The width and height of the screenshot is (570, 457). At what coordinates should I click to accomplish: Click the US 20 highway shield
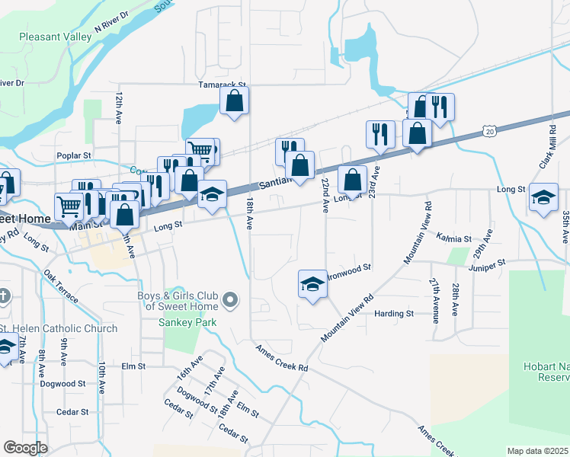coord(488,132)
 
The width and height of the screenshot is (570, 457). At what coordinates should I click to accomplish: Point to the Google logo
coord(25,448)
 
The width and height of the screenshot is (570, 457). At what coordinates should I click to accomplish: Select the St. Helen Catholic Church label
coord(59,328)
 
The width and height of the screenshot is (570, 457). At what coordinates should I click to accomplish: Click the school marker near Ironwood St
coord(312,285)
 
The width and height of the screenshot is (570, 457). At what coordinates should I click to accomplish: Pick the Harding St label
coord(394,313)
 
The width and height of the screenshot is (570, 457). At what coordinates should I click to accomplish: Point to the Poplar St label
coord(74,155)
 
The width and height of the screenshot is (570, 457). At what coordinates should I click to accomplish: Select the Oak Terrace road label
coord(60,286)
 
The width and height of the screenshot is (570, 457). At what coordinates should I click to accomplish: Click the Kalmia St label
coord(455,238)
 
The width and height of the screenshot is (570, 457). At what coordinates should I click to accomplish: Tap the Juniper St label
coord(488,264)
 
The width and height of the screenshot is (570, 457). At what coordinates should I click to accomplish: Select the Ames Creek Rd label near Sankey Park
coord(282,357)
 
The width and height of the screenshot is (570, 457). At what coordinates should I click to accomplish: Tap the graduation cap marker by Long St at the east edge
coord(543,197)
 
